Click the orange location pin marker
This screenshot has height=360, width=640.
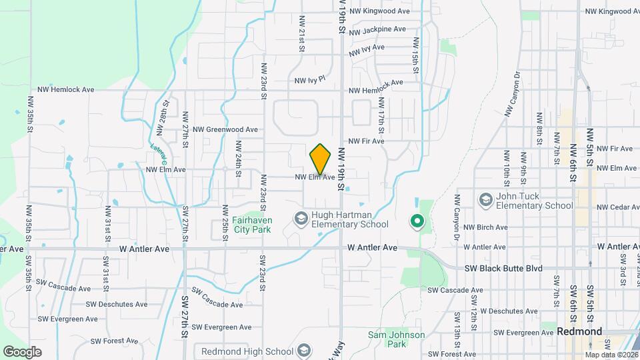(321, 159)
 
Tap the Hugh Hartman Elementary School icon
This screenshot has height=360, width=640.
(301, 218)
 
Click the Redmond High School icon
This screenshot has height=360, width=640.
(305, 351)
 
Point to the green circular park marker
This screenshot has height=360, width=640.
(417, 220)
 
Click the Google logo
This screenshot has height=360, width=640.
(22, 351)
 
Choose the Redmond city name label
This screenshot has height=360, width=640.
(579, 331)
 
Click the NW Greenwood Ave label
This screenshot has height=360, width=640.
(225, 129)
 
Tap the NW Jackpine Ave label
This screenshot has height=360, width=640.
(377, 30)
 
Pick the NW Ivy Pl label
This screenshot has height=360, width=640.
(310, 80)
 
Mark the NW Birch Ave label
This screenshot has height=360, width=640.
(485, 227)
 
